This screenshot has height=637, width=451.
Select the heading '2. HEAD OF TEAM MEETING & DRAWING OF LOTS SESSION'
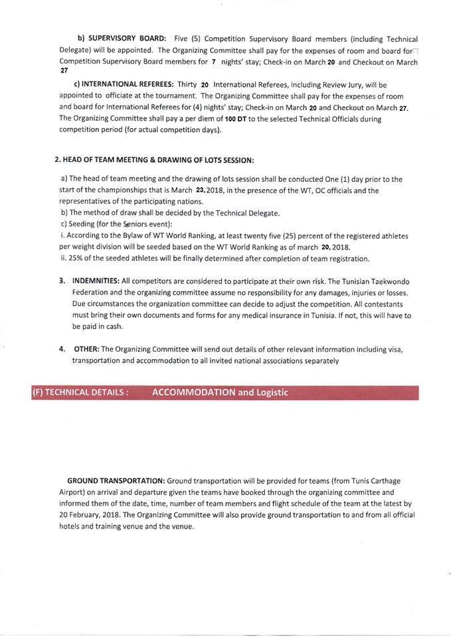(x=153, y=161)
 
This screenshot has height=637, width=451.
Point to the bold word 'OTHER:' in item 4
(x=86, y=349)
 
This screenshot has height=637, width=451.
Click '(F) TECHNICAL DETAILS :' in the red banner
(x=80, y=392)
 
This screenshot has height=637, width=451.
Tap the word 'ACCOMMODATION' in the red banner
(x=193, y=392)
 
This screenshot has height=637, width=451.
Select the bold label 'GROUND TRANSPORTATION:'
(x=116, y=480)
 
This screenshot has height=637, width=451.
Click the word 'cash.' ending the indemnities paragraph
(x=111, y=327)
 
